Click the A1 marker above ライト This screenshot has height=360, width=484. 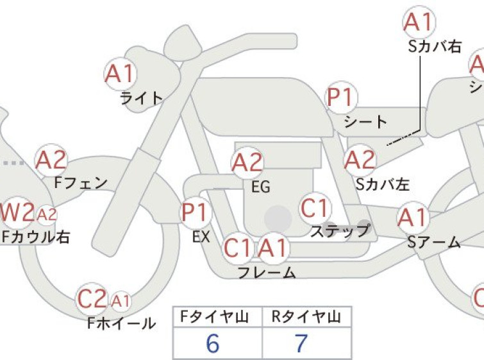(120, 74)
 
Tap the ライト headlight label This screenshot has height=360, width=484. (142, 99)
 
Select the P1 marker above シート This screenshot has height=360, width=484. (342, 97)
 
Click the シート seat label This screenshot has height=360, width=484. (366, 121)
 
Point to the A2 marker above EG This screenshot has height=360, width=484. (247, 162)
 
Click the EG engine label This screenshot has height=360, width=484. (261, 187)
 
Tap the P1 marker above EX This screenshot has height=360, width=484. (196, 212)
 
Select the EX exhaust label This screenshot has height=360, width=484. (201, 237)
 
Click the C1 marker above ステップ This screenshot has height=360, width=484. (314, 208)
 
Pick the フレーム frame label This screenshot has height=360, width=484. (267, 273)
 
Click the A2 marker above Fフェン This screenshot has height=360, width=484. (51, 160)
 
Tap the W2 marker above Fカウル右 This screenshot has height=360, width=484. (17, 212)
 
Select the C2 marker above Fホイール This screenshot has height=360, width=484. (92, 299)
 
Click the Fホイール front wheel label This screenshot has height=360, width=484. (121, 323)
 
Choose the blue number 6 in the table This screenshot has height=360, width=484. (213, 343)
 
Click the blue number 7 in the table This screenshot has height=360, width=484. (301, 343)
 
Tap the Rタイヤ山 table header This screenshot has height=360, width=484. (306, 317)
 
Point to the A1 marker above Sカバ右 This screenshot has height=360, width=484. (419, 22)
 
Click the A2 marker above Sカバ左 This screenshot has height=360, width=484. (360, 160)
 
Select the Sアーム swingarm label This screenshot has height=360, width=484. (434, 243)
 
